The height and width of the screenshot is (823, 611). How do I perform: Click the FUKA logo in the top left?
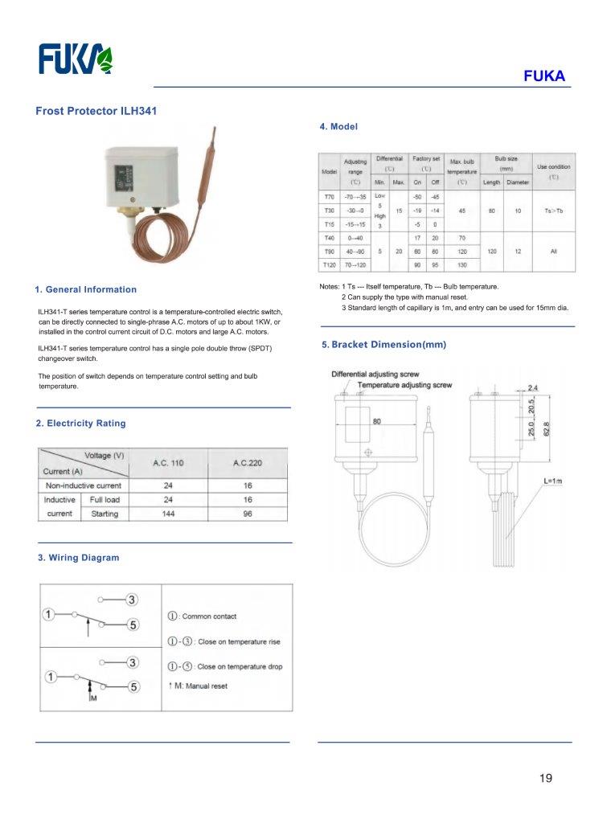click(x=76, y=59)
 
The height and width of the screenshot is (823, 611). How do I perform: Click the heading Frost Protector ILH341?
click(x=96, y=111)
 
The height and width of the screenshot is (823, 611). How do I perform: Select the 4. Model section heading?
click(x=338, y=127)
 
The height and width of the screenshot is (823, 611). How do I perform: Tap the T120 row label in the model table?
click(x=330, y=264)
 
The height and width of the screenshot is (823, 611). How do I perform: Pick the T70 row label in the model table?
click(x=330, y=197)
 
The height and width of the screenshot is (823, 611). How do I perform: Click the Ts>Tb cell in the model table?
click(x=554, y=211)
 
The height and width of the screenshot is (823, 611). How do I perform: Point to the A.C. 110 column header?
click(x=168, y=463)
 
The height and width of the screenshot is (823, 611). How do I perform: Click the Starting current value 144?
click(x=168, y=514)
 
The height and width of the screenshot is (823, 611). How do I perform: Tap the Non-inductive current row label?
click(x=84, y=485)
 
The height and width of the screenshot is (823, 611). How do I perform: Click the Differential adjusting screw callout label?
click(x=375, y=375)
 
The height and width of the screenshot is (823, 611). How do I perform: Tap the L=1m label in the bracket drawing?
click(x=553, y=481)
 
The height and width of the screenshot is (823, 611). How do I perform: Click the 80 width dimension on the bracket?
click(x=376, y=420)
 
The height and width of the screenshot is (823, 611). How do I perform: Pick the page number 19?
click(x=546, y=778)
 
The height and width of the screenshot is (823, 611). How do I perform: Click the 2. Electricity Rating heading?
click(x=80, y=424)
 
